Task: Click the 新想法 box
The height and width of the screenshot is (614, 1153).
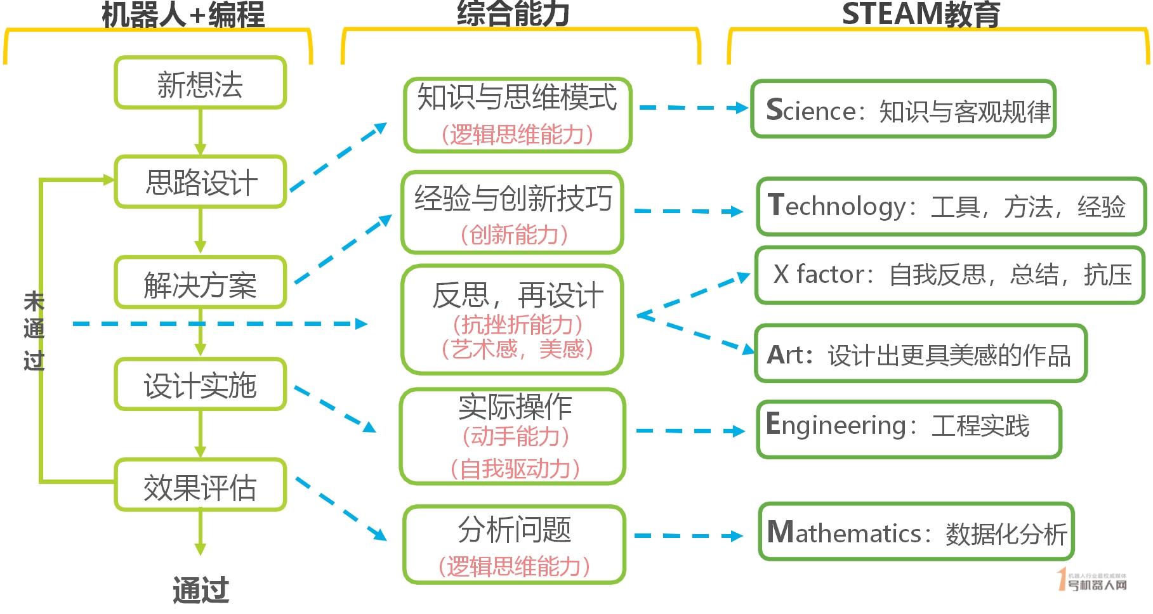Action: pyautogui.click(x=200, y=83)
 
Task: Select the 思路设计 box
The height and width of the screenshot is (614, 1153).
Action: pyautogui.click(x=200, y=182)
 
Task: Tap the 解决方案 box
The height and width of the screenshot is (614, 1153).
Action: pyautogui.click(x=200, y=283)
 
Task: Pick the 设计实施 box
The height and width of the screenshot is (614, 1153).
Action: pyautogui.click(x=200, y=384)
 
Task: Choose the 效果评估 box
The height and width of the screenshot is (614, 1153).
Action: pyautogui.click(x=200, y=486)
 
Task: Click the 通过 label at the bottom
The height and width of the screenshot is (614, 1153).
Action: pyautogui.click(x=201, y=590)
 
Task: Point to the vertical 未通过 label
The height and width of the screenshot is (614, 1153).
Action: pyautogui.click(x=34, y=330)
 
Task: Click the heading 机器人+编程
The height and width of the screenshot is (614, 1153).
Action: pyautogui.click(x=183, y=14)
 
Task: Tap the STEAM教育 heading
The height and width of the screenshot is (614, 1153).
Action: pyautogui.click(x=920, y=14)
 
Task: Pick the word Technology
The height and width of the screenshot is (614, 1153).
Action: pyautogui.click(x=838, y=207)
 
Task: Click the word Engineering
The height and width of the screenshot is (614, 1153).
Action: pyautogui.click(x=836, y=425)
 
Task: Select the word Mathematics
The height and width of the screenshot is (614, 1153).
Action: pyautogui.click(x=844, y=533)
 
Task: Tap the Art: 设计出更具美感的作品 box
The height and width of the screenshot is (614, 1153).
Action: pyautogui.click(x=920, y=354)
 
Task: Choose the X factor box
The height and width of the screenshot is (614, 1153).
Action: pyautogui.click(x=949, y=275)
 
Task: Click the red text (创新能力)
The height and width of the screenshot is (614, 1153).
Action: pyautogui.click(x=514, y=235)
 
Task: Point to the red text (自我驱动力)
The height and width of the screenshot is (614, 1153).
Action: pyautogui.click(x=514, y=469)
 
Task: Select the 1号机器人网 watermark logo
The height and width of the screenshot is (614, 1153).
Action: pyautogui.click(x=1093, y=580)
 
